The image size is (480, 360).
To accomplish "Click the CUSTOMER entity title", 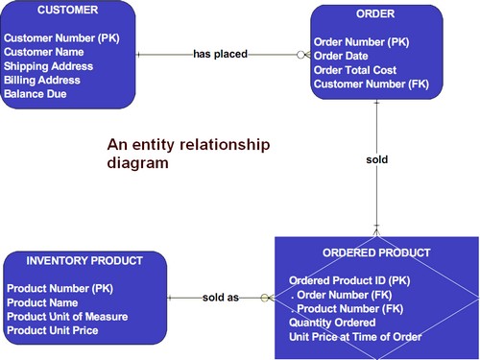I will point(67,11).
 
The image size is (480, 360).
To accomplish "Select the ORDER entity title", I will point(375,14).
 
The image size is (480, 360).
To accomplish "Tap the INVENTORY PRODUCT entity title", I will point(84,260).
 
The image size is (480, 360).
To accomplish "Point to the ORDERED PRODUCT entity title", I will point(375,252).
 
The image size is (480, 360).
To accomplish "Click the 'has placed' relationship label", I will point(220,55).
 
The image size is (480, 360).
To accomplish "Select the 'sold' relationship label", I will point(376,158).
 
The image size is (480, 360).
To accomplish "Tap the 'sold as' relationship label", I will point(220,298).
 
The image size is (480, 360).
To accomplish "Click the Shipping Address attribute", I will point(48,66).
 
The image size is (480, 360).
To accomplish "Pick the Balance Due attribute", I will point(37,94).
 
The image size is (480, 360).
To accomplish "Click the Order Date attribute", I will point(341,56).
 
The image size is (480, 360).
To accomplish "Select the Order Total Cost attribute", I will point(354,70).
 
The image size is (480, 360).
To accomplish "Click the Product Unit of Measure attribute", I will point(67,316).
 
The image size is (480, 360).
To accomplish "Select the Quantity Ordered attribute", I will point(333,323).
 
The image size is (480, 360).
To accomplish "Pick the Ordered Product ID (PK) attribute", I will point(349,280).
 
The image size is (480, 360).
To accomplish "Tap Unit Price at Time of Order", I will point(355,337).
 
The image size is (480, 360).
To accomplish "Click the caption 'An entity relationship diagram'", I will point(188,154).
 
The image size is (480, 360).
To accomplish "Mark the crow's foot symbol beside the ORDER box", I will point(301,55).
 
